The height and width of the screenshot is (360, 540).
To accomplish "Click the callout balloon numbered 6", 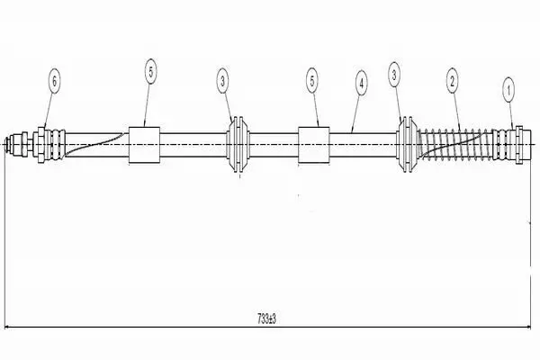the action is coord(54,81).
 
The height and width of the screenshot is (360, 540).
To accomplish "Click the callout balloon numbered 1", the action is coord(508,91).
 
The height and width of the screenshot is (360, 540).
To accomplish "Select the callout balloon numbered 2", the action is coord(452,81).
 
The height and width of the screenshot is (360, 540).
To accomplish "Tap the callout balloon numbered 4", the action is coord(361,83).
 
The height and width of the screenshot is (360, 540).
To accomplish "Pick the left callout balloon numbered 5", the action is coord(151,72).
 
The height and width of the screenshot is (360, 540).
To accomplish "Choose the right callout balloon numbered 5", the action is coord(312,81).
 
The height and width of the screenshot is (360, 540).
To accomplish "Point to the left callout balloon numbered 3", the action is coord(223,81).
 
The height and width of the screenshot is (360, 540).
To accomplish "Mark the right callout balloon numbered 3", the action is coord(394,75).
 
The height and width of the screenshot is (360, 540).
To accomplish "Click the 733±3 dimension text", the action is coord(266,319).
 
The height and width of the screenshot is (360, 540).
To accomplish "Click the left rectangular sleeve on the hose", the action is coord(144,145).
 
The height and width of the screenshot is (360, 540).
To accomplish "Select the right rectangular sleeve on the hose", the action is coord(313,145).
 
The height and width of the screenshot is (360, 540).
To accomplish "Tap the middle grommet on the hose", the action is coord(238,144).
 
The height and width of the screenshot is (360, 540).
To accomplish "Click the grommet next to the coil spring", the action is coord(408,144).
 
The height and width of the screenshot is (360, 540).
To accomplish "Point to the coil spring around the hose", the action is coord(454,144).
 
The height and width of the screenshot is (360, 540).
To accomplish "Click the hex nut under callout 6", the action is coord(41,145).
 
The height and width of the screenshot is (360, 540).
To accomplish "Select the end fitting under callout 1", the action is coord(512,145).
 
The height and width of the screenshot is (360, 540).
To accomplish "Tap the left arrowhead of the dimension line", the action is coord(8,327).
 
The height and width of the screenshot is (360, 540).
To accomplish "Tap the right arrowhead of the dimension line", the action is coord(526,327).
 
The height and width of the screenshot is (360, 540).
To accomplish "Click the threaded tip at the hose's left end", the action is coord(13,144).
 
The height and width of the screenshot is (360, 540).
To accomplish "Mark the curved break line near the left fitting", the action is coord(94,144).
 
